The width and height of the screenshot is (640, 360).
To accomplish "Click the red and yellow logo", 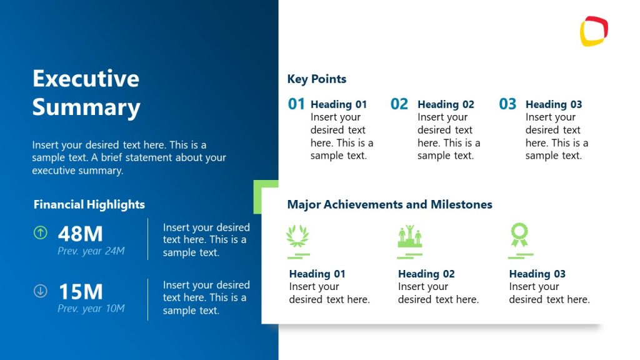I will (594, 31).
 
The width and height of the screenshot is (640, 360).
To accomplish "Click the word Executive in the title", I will (86, 79).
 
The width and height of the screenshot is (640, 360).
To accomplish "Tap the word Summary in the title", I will (86, 107).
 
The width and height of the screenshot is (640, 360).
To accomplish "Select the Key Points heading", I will (316, 79).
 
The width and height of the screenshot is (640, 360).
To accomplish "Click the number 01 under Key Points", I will (296, 104).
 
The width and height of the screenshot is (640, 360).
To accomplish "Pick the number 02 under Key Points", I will (399, 104).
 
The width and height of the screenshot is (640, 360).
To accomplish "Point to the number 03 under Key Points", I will (507, 104).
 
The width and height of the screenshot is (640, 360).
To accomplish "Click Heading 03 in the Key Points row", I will (553, 104).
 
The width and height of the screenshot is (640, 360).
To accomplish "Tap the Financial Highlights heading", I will (89, 204).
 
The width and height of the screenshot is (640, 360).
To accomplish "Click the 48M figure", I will (80, 234).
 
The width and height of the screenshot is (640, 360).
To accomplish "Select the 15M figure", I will (80, 292).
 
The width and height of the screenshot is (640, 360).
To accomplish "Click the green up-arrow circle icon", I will (40, 233).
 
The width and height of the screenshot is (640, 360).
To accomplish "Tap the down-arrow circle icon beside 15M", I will (40, 291).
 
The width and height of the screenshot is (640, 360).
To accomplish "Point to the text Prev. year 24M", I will (91, 251).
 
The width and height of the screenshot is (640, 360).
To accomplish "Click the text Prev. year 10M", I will (91, 309).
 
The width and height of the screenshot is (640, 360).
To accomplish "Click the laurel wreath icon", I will (297, 236).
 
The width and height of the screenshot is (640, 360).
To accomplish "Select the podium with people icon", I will (409, 236).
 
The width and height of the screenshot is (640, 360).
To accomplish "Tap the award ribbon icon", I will (519, 236).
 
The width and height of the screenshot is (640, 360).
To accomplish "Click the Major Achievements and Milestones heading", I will (389, 204).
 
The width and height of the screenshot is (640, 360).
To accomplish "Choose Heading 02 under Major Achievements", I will (426, 274).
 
